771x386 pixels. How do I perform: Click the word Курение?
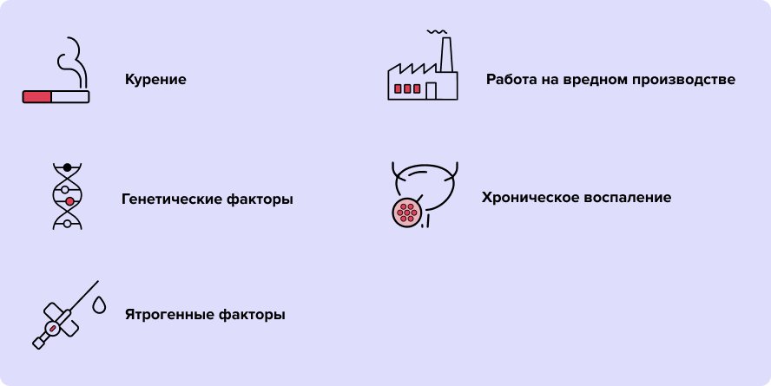[x=155, y=80]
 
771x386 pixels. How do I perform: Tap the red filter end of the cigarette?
[x=36, y=97]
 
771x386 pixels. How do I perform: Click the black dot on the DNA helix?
[x=68, y=167]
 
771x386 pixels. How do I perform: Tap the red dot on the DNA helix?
[x=69, y=201]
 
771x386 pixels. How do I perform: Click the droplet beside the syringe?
[x=99, y=305]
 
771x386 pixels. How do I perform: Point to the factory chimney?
[x=446, y=55]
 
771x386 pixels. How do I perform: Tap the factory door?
[x=431, y=91]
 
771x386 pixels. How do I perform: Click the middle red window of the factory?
[x=407, y=88]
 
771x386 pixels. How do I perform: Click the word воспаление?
[x=628, y=198]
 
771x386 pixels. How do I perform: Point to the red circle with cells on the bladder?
[x=407, y=213]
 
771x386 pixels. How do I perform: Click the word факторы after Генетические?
[x=260, y=200]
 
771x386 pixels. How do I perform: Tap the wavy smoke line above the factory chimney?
[x=437, y=32]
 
